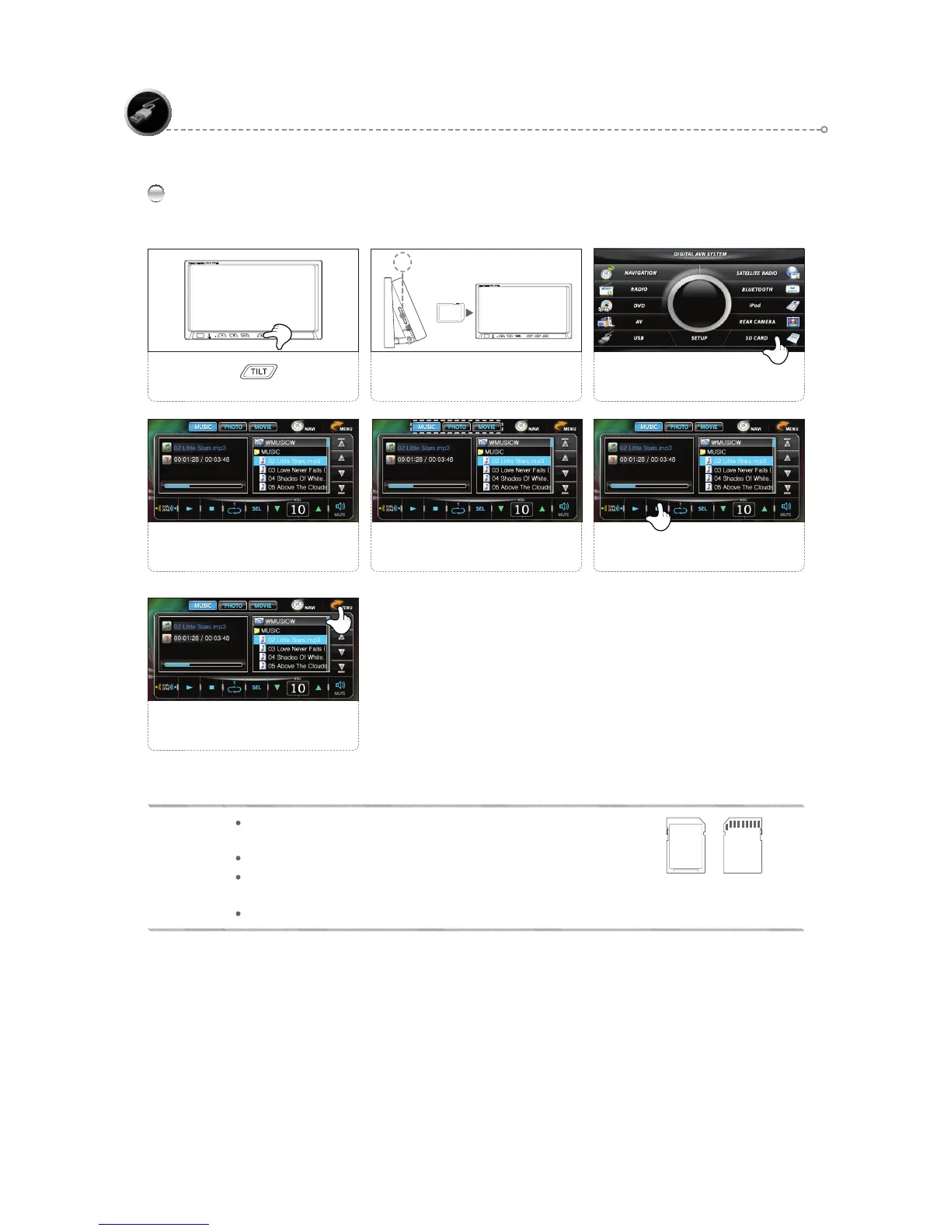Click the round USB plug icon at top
pos(148,113)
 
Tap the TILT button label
pos(259,371)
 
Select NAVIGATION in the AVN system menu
pos(640,273)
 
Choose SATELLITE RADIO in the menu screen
pos(757,273)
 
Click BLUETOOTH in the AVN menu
pos(757,289)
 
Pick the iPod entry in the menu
pos(755,305)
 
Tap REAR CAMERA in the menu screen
pos(757,322)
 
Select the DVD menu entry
pos(639,305)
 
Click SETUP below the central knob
pos(699,338)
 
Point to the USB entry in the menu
pos(638,338)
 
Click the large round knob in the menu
pos(698,302)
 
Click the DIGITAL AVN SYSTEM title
pos(699,254)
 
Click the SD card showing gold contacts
pos(743,846)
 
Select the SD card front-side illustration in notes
pos(686,846)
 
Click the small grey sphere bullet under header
pos(155,194)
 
